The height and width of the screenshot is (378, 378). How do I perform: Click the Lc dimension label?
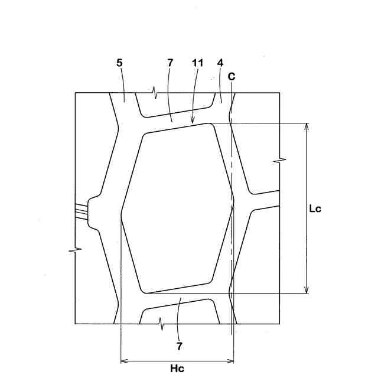coord(315,208)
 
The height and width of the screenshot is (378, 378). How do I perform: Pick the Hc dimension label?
coord(177,369)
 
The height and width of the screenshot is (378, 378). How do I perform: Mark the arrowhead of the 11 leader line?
coord(193,122)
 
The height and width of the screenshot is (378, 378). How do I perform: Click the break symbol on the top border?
coord(155,93)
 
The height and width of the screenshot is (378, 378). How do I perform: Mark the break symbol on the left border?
coord(75,251)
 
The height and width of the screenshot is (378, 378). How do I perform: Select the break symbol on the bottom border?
coord(161,324)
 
